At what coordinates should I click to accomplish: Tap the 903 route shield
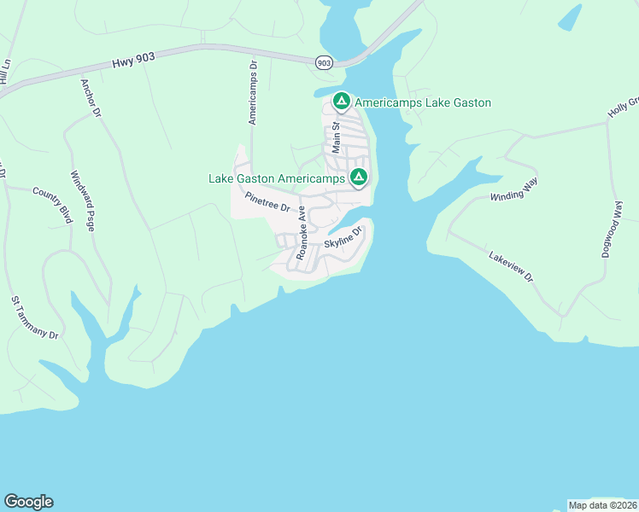click(323, 63)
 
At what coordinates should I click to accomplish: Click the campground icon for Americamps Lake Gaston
click(341, 102)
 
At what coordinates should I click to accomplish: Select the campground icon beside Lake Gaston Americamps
click(359, 177)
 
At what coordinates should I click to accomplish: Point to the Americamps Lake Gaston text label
click(423, 102)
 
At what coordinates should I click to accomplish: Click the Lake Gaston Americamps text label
click(277, 178)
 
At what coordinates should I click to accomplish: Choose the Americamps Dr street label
click(253, 92)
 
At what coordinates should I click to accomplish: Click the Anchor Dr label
click(91, 98)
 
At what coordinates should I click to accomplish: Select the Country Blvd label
click(52, 201)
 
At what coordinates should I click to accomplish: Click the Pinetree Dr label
click(267, 201)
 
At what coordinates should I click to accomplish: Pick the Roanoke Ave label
click(301, 232)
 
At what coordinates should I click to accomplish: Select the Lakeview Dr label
click(510, 266)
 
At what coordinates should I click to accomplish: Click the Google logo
click(28, 502)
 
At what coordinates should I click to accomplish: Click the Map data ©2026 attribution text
click(601, 505)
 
